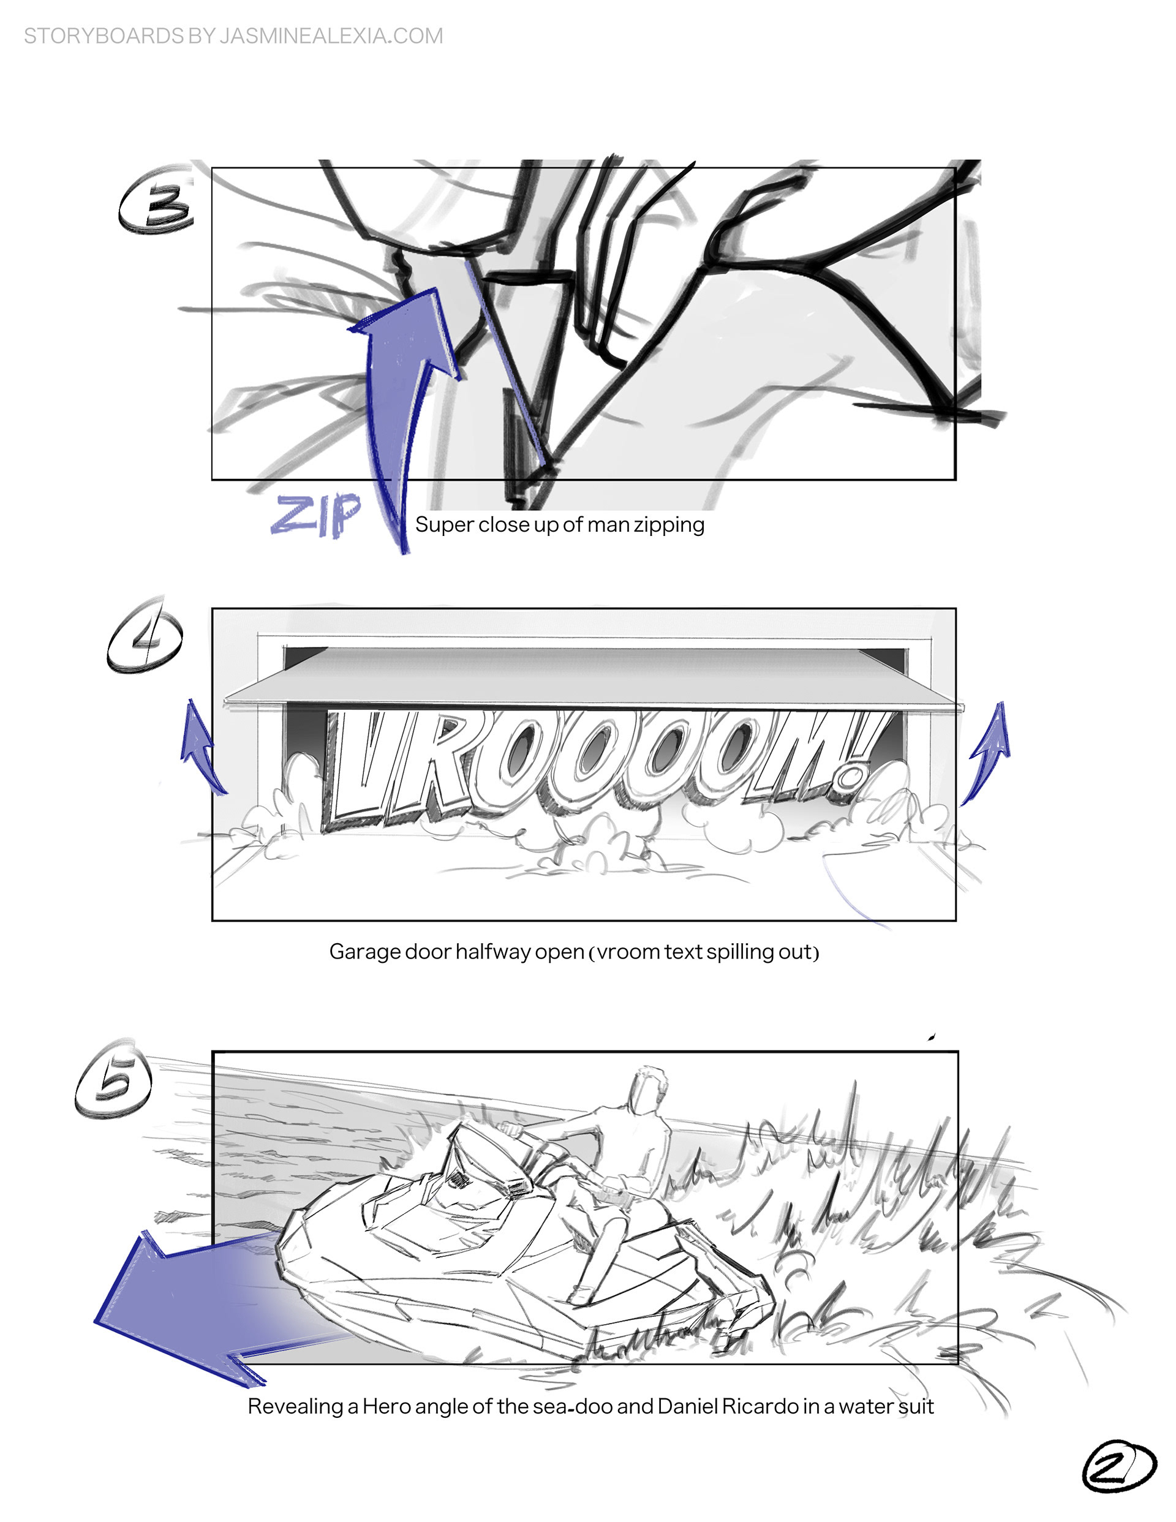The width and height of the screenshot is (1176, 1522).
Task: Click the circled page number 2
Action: pyautogui.click(x=1118, y=1466)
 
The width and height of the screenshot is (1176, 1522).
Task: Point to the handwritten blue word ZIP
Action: pyautogui.click(x=317, y=515)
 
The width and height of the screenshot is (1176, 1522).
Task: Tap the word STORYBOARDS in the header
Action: pyautogui.click(x=104, y=36)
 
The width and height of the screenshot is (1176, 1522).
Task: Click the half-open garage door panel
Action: pyautogui.click(x=592, y=674)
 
